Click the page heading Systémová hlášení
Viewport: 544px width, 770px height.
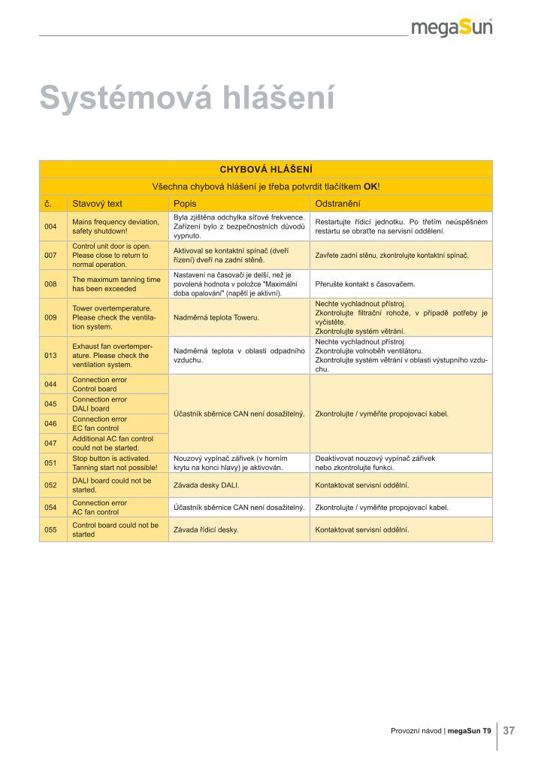(186, 99)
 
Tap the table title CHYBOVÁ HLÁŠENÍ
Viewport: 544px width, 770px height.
(266, 169)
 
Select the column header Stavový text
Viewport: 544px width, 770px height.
(97, 204)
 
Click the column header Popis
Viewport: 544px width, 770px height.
(184, 204)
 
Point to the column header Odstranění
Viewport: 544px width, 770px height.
(338, 204)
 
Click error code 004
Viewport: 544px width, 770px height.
(51, 227)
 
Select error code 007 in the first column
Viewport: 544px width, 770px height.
(51, 256)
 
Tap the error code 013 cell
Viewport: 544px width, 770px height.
(51, 355)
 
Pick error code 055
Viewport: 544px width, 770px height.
(51, 529)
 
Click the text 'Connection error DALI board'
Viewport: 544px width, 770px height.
(99, 404)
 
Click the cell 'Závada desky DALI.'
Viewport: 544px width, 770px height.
(207, 485)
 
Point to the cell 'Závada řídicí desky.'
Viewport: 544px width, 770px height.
(206, 529)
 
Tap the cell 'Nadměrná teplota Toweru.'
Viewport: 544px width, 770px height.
(216, 317)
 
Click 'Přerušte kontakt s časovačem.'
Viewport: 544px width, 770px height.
(365, 284)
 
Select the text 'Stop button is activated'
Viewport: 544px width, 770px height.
(111, 458)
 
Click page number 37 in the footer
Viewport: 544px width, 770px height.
(509, 730)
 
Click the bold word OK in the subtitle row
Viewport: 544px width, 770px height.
(370, 186)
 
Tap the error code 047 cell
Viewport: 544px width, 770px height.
(51, 443)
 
